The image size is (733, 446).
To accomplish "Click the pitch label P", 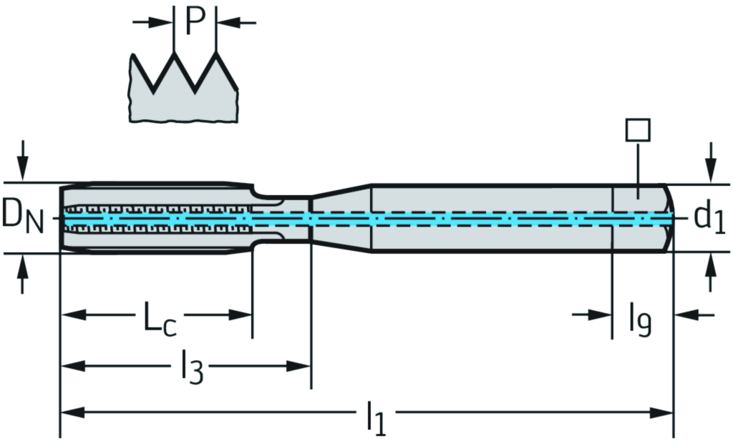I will point(194,22).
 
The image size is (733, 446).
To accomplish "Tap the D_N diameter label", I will point(22,217).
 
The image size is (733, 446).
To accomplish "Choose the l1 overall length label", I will point(376,418).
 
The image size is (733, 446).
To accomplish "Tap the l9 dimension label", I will point(640,319).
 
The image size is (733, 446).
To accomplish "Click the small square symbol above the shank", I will point(637,130).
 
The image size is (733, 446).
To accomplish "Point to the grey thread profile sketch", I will point(183,96).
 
